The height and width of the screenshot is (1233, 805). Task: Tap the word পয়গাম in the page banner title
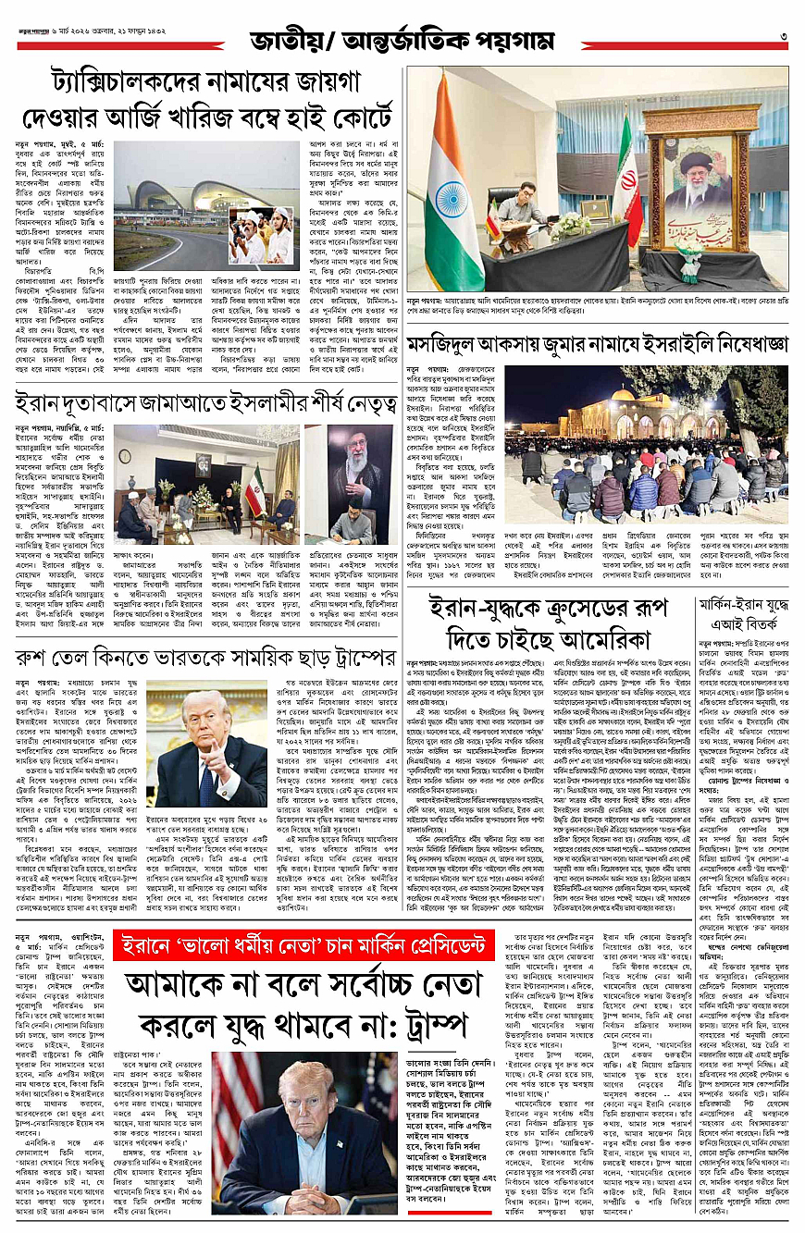pos(514,42)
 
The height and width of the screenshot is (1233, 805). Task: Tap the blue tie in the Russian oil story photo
pos(207,764)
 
